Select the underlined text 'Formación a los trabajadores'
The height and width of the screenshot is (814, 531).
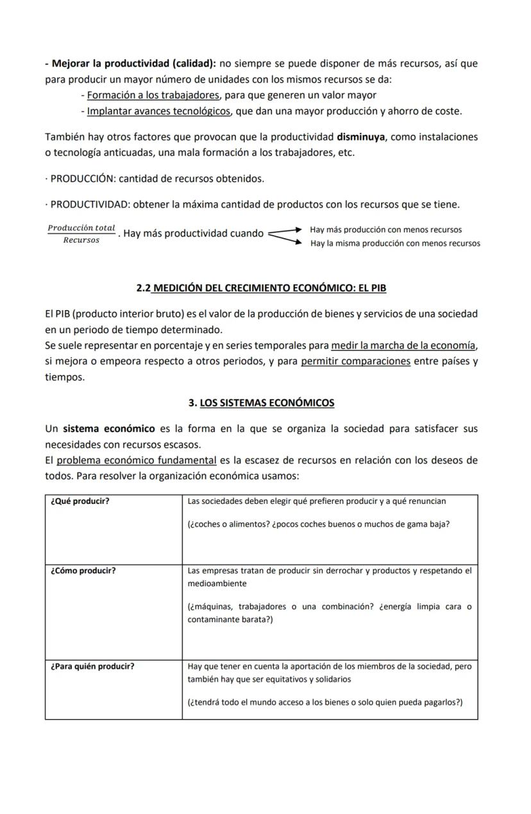click(x=153, y=95)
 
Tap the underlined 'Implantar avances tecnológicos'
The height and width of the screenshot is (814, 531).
click(x=158, y=111)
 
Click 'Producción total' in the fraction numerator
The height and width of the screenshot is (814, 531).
click(x=81, y=228)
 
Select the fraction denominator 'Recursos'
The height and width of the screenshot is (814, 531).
click(x=81, y=240)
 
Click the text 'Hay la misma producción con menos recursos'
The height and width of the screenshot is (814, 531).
click(x=395, y=243)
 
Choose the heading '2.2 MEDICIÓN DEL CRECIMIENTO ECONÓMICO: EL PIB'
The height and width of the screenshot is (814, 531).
click(x=261, y=288)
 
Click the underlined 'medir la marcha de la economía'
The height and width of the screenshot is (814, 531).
click(x=404, y=345)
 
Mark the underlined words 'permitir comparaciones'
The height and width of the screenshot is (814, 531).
click(x=355, y=361)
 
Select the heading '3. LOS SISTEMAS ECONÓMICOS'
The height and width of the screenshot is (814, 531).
click(x=261, y=403)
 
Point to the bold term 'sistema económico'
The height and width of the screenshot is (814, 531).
click(x=109, y=428)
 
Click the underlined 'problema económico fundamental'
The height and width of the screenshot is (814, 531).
click(x=137, y=460)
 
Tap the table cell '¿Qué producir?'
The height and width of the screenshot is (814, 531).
click(x=80, y=501)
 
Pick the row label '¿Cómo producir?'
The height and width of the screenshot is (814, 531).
click(x=83, y=571)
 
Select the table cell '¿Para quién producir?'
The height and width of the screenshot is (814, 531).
click(x=92, y=666)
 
